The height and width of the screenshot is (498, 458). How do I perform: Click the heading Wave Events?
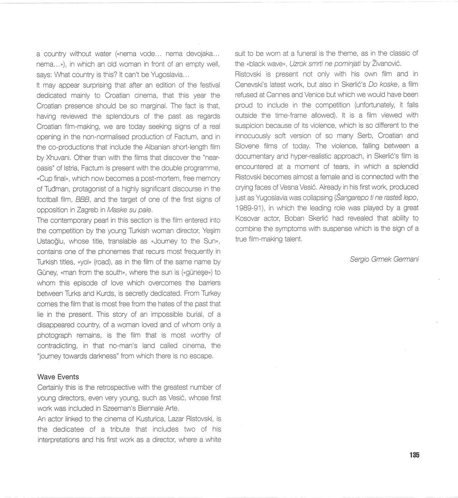(x=58, y=377)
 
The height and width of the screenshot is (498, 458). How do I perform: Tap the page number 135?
(x=414, y=455)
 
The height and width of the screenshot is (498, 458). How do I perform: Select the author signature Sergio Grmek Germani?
(x=384, y=259)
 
